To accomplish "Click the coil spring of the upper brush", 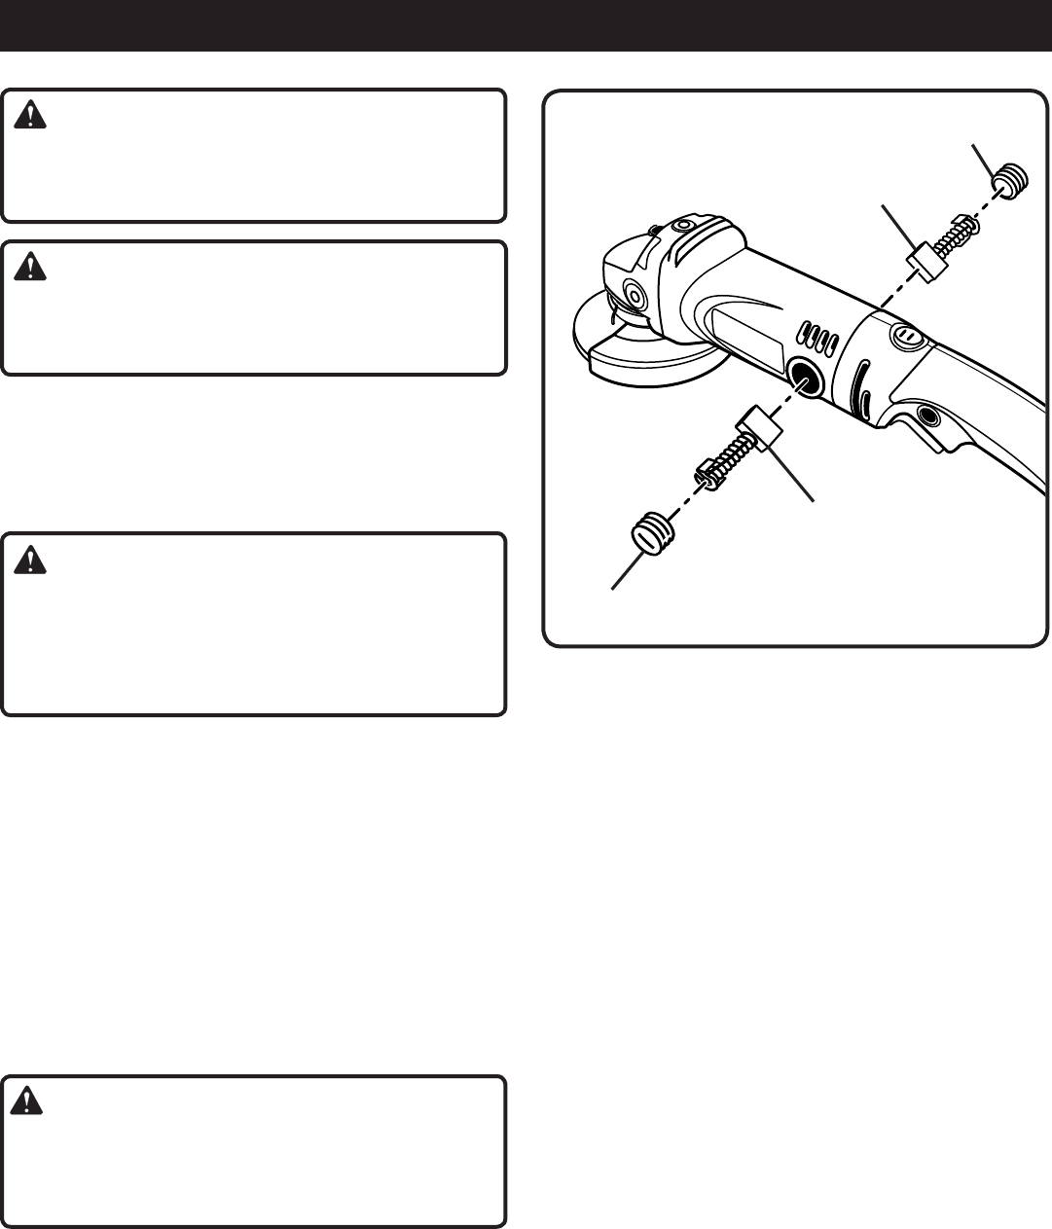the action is (963, 230).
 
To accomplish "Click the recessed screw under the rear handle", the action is (925, 416).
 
